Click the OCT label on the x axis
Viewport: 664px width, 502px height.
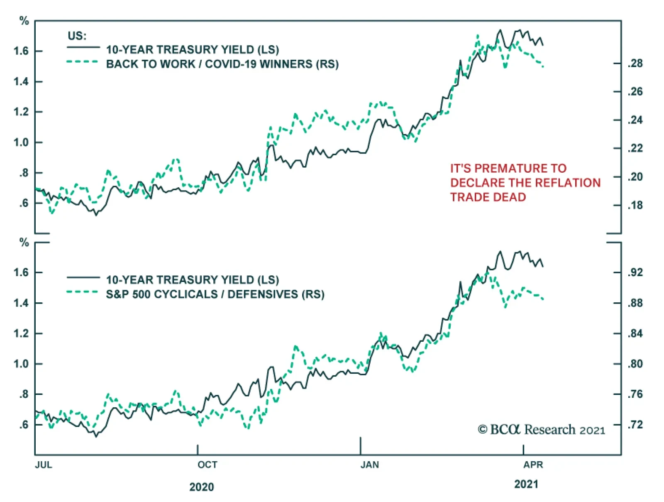point(207,465)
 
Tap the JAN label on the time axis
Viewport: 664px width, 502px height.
point(370,465)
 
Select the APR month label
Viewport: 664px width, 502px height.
point(533,465)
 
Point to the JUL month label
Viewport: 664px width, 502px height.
point(44,465)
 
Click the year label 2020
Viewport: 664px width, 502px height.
point(202,487)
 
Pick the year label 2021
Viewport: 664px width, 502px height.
point(526,484)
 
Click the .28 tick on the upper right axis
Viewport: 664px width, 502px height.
point(635,64)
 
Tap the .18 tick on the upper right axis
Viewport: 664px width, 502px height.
point(635,206)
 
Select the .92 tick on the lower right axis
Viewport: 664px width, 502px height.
point(635,273)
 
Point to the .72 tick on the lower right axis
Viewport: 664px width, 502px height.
point(635,425)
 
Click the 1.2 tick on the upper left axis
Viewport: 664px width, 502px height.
point(21,112)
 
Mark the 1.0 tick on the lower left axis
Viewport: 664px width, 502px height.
point(21,364)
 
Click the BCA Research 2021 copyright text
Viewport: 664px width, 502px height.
point(542,430)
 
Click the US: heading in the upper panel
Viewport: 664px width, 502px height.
point(77,36)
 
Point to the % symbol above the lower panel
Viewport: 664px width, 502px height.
point(24,242)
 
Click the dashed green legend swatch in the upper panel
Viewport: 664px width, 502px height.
point(83,62)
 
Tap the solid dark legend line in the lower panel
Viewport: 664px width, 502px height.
point(83,277)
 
